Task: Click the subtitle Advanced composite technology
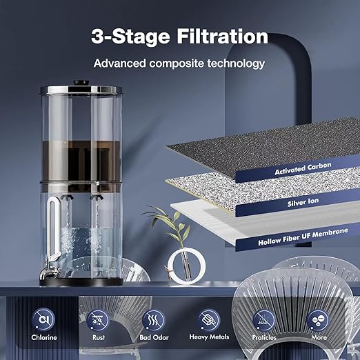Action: (179, 63)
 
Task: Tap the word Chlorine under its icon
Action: (45, 339)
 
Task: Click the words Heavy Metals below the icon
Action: (208, 339)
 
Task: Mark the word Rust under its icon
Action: (99, 339)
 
